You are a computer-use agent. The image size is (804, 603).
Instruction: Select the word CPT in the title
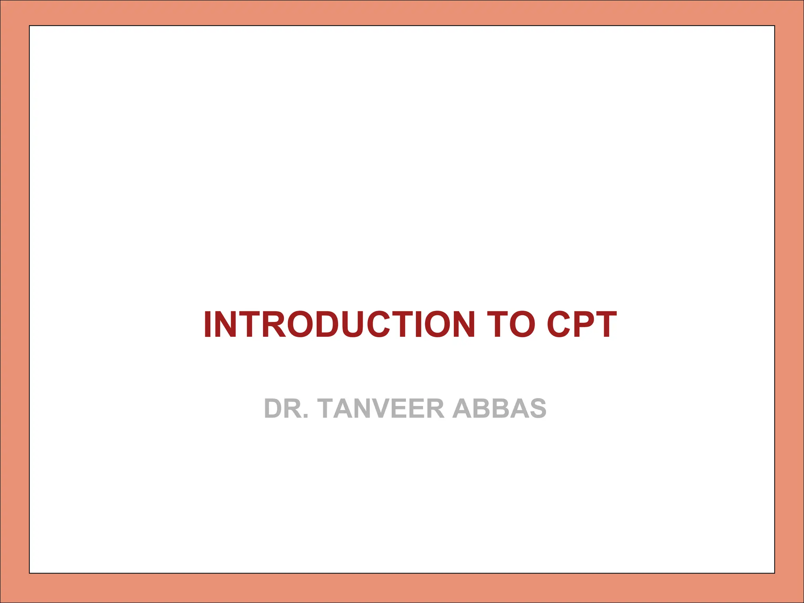(x=582, y=324)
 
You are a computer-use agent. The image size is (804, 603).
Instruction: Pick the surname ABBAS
(x=499, y=409)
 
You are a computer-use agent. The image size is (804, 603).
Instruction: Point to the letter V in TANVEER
(x=393, y=409)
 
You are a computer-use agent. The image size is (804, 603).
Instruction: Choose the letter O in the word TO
(x=522, y=324)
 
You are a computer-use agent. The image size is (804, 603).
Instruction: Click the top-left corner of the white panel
(x=29, y=26)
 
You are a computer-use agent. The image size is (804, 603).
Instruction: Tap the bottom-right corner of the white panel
(x=774, y=573)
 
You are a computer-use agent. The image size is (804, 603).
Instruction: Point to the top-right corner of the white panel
(x=774, y=26)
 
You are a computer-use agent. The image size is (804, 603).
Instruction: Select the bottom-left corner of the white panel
(x=29, y=573)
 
